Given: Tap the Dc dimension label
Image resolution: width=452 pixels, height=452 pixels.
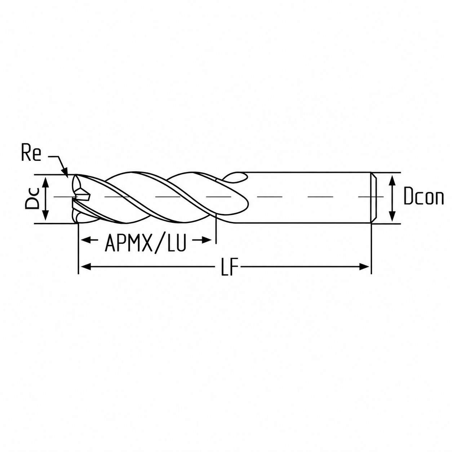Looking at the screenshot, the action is pos(32,198).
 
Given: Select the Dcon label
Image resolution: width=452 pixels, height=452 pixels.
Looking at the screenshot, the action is pos(424,196).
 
